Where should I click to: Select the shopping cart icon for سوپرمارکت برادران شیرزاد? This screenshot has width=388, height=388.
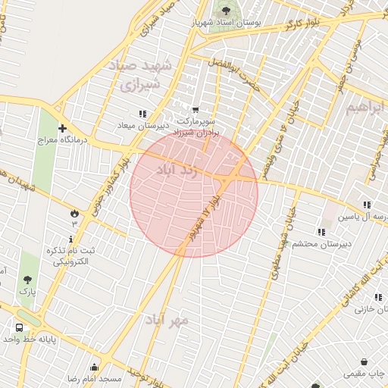(196, 111)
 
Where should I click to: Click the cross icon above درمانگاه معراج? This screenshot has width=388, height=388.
(62, 129)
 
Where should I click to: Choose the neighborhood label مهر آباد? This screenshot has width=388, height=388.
(168, 321)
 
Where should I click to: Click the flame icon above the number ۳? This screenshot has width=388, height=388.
(74, 213)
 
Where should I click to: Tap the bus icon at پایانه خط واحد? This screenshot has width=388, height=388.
(19, 328)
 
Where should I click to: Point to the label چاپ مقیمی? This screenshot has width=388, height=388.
(365, 374)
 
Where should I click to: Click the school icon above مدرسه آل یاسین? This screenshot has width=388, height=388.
(367, 205)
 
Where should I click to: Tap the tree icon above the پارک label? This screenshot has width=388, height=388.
(28, 280)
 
